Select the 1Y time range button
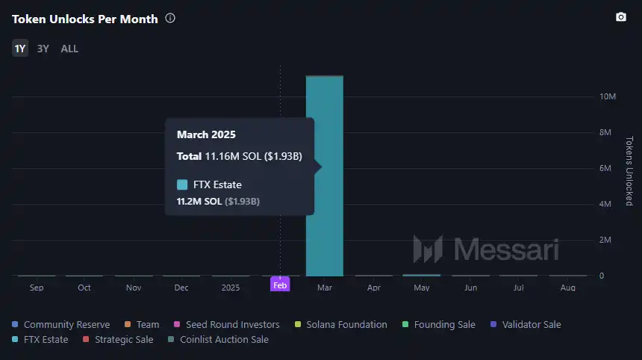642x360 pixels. pyautogui.click(x=20, y=49)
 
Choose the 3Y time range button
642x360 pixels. pyautogui.click(x=43, y=49)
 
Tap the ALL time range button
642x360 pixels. pyautogui.click(x=69, y=49)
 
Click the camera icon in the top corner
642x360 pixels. pyautogui.click(x=620, y=17)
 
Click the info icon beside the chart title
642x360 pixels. pyautogui.click(x=170, y=19)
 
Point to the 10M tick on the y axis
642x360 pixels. pyautogui.click(x=607, y=97)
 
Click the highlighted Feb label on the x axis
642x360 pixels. pyautogui.click(x=280, y=285)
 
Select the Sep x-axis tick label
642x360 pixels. pyautogui.click(x=37, y=287)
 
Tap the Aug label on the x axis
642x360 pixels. pyautogui.click(x=567, y=287)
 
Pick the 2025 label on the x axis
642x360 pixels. pyautogui.click(x=231, y=287)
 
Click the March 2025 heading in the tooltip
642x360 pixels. pyautogui.click(x=206, y=135)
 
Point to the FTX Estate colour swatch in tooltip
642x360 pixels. pyautogui.click(x=182, y=184)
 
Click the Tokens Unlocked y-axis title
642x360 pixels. pyautogui.click(x=629, y=171)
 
